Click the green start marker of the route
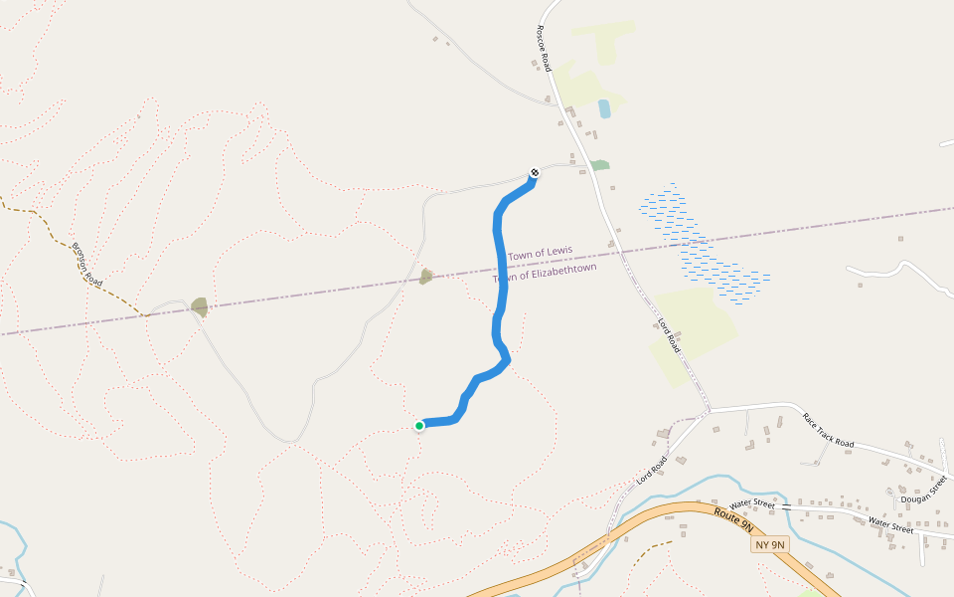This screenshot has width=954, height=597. click(419, 426)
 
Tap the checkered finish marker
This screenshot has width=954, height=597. click(535, 172)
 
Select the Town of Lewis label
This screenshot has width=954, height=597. click(540, 254)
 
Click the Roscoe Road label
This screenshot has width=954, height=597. click(544, 48)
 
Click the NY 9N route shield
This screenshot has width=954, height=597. click(769, 544)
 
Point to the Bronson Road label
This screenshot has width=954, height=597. click(86, 265)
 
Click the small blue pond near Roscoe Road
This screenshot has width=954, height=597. click(604, 108)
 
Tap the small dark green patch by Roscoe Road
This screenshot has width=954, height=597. click(599, 165)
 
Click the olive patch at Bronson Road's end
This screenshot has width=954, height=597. click(200, 307)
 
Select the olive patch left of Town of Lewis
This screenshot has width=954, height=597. click(426, 276)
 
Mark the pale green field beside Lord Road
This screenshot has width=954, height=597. click(696, 323)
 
